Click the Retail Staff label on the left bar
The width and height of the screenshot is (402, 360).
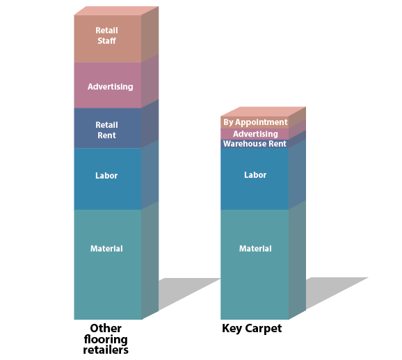[x=106, y=35]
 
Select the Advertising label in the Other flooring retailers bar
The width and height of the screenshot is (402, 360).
[x=111, y=87]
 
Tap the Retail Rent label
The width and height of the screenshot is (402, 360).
[x=106, y=130]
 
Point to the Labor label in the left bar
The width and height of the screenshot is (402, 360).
[x=106, y=176]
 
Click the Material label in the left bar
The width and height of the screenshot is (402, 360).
[x=106, y=249]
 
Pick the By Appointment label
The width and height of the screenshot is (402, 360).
[x=255, y=122]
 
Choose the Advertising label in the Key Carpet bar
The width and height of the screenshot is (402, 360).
[x=255, y=133]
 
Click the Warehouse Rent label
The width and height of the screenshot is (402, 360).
[x=255, y=144]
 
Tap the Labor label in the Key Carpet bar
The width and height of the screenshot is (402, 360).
[x=255, y=174]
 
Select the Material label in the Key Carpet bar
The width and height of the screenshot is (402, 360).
[x=255, y=249]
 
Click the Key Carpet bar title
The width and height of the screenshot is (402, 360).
[x=252, y=329]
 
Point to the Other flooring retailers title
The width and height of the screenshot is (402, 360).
[x=106, y=338]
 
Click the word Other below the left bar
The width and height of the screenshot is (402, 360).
[x=106, y=328]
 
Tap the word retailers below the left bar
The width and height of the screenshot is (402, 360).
[x=106, y=350]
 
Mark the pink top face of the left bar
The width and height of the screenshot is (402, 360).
[x=116, y=10]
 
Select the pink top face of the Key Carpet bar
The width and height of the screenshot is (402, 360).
[x=264, y=112]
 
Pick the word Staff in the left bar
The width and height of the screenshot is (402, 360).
[x=106, y=41]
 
